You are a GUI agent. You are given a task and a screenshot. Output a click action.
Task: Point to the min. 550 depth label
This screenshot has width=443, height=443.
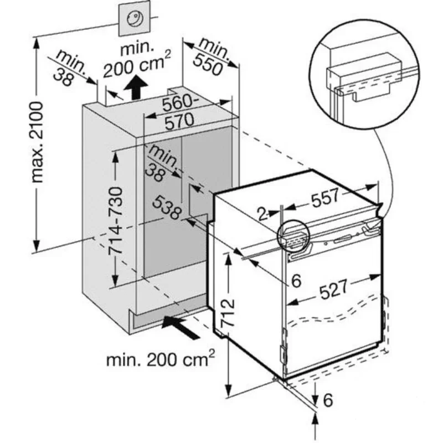209,56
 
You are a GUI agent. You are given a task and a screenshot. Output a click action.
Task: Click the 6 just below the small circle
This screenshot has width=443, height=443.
296,281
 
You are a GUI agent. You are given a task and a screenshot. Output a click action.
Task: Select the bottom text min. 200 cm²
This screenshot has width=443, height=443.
160,360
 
